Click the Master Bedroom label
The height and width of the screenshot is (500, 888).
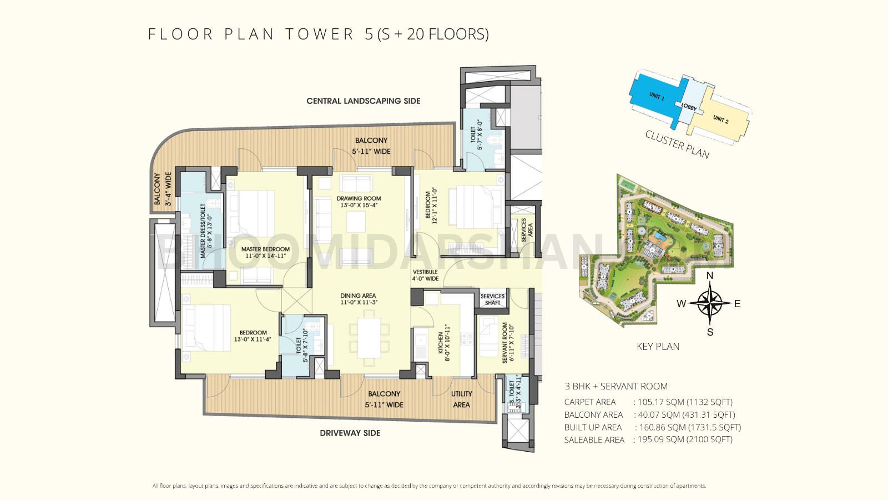point(265,252)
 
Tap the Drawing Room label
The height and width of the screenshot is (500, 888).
point(359,202)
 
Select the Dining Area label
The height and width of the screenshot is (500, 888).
point(358,299)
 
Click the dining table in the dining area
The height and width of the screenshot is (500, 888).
point(369,338)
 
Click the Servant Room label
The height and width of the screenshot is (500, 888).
point(508,343)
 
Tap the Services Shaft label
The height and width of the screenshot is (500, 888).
point(492,299)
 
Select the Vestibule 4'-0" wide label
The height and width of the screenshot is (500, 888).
point(425,276)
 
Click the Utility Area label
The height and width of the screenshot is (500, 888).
point(461,399)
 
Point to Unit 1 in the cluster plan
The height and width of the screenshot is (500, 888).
point(656,97)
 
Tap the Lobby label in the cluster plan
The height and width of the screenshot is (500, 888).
point(689,106)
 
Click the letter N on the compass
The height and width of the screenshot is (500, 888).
point(709,276)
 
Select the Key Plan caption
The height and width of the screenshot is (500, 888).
point(658,347)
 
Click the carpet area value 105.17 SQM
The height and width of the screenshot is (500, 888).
point(684,402)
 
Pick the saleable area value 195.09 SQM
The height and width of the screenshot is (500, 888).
point(684,439)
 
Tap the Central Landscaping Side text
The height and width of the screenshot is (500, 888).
point(363,101)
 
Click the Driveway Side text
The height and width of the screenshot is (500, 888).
point(350,433)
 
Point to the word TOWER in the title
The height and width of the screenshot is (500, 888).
point(319,34)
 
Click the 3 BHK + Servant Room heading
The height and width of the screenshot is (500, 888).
point(616,387)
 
